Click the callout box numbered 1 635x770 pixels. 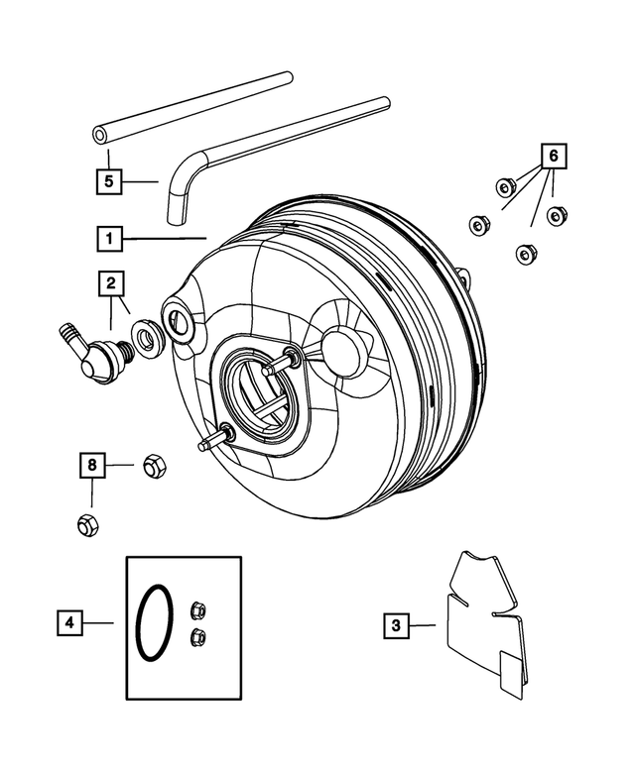click(109, 239)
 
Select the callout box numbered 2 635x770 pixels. click(111, 284)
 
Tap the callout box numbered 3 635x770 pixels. click(396, 624)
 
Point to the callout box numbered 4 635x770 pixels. click(69, 622)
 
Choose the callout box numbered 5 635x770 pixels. click(109, 181)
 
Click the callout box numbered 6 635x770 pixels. click(555, 156)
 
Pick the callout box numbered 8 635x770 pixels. click(92, 464)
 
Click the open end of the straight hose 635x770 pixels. click(100, 136)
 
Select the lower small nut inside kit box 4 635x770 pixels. click(196, 636)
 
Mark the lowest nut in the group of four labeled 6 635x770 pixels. click(523, 255)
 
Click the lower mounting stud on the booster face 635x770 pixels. click(214, 439)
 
